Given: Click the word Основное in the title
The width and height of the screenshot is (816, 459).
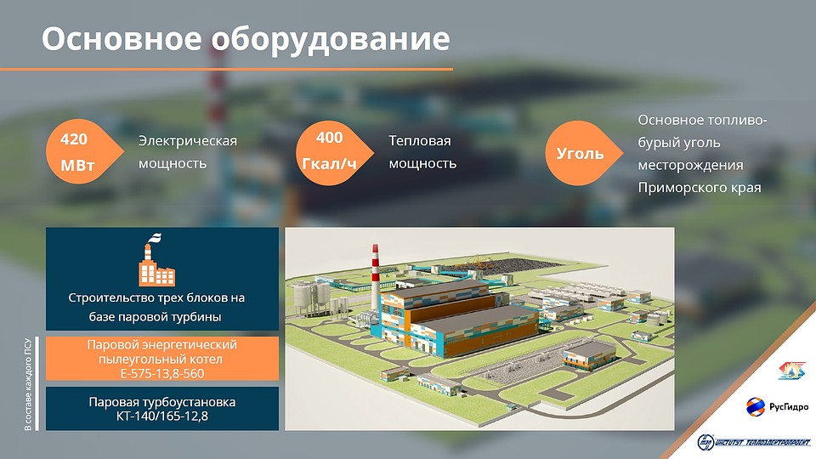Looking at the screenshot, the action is coord(122,39).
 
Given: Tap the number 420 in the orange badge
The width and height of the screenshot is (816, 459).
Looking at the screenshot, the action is coord(74,139).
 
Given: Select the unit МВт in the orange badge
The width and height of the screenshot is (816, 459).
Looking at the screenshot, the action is coord(77,166).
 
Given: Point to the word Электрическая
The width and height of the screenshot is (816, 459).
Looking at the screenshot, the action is coord(187,141).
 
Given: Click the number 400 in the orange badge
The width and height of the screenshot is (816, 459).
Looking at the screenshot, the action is coord(330,138).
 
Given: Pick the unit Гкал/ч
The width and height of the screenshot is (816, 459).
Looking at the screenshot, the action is coord(330,164).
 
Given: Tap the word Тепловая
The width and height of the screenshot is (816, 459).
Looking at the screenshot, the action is coord(419,140).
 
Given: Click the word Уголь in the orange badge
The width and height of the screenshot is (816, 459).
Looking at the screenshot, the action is coord(580,154).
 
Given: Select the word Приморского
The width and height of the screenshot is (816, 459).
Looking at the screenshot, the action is coord(674,188).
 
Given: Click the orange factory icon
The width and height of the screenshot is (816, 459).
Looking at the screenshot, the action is coord(156,260).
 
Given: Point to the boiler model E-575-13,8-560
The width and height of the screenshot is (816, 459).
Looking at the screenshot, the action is coord(161,374).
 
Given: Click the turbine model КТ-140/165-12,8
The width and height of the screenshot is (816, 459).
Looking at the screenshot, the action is coord(161,416).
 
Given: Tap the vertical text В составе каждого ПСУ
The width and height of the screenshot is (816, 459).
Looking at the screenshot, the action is coord(28,384).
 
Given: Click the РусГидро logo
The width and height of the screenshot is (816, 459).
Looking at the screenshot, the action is coord(777,406).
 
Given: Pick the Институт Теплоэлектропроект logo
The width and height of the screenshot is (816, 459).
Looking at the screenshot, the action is coord(754,442).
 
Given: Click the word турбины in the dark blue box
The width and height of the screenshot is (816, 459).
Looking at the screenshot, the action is coord(199,317).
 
